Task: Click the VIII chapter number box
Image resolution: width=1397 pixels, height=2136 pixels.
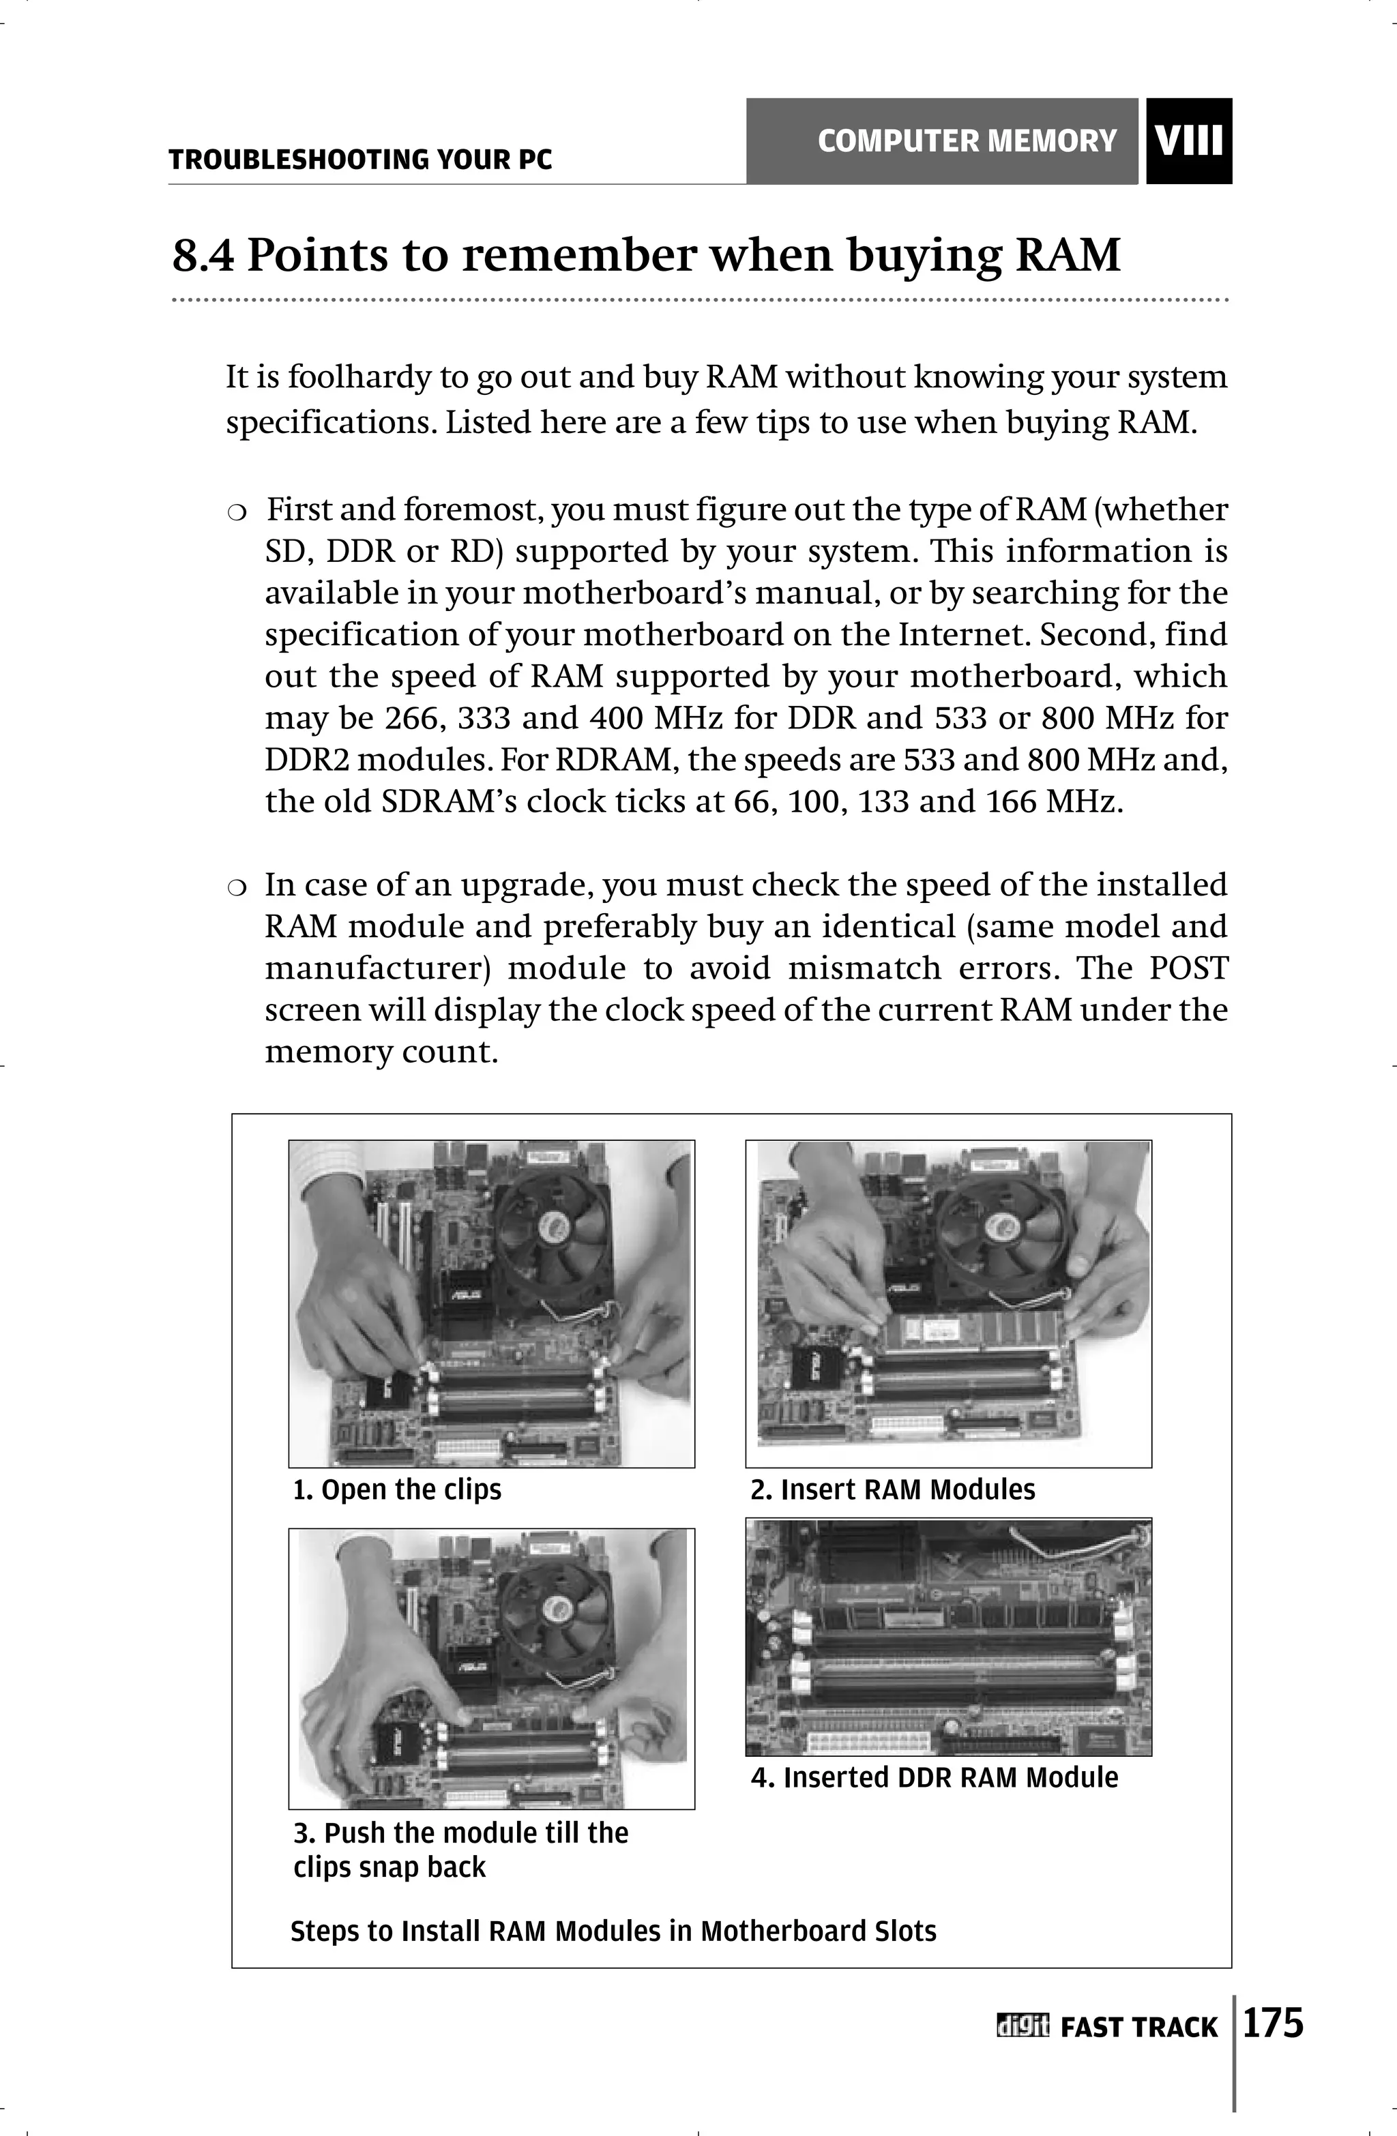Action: [1189, 141]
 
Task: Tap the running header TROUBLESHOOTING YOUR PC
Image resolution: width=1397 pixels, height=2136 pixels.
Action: [360, 161]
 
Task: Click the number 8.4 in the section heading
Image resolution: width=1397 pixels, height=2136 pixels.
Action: [203, 256]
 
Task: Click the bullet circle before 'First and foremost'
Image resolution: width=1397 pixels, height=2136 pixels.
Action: [236, 512]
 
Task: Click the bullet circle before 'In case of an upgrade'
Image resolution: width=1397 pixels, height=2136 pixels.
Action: [236, 887]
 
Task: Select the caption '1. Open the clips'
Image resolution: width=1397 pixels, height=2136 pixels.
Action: [397, 1490]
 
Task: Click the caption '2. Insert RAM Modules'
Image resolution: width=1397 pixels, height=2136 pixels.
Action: [892, 1490]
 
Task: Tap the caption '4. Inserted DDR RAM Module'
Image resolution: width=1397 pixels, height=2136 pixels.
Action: [934, 1778]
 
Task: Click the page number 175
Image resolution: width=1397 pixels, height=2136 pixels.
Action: [1272, 2024]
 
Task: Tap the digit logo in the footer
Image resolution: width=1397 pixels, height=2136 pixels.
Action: [1022, 2026]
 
